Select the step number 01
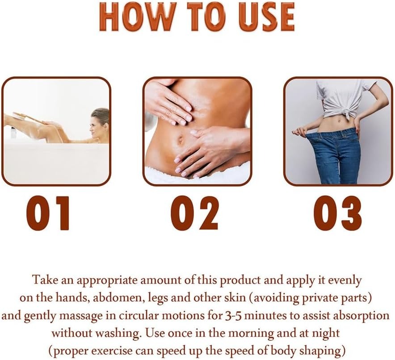(48, 213)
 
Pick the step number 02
(194, 213)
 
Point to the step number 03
(337, 213)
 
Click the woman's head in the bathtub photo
(100, 124)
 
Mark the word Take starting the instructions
(43, 280)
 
